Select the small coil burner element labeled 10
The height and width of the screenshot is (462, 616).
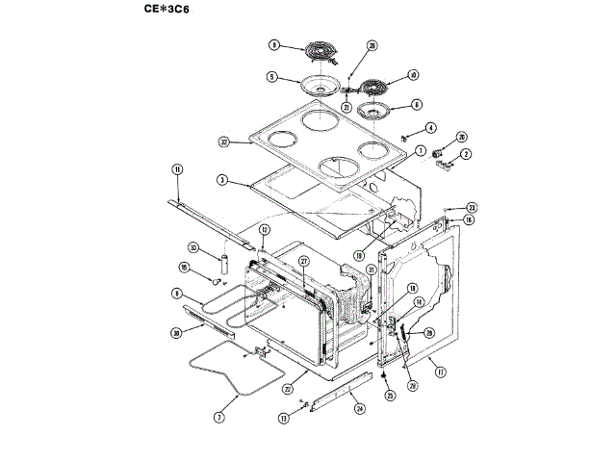click(x=371, y=87)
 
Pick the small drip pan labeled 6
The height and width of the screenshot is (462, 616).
click(x=374, y=112)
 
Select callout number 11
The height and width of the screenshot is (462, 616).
click(x=177, y=169)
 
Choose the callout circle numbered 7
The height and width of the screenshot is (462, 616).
click(x=218, y=419)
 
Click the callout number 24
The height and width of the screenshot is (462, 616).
click(x=359, y=408)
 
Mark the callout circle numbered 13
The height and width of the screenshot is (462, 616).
click(x=284, y=419)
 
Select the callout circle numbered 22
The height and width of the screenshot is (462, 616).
click(x=288, y=390)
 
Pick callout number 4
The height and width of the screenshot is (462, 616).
click(x=431, y=127)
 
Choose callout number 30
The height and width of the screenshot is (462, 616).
click(x=176, y=332)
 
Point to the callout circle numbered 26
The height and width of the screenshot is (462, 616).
click(x=372, y=45)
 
